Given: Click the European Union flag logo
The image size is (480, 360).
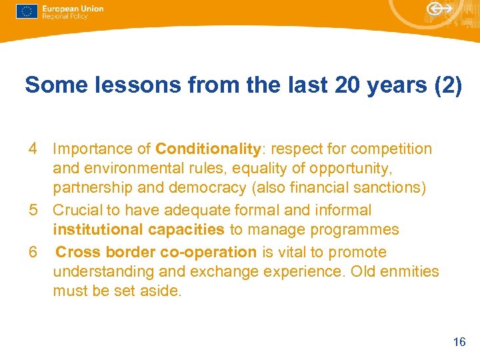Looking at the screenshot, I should [x=27, y=11].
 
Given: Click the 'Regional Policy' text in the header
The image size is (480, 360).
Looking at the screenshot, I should [x=65, y=16].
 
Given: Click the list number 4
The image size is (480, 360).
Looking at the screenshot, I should [x=33, y=149].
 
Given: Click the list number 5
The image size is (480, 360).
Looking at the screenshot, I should [x=33, y=210].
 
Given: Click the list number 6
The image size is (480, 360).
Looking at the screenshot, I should [x=33, y=252].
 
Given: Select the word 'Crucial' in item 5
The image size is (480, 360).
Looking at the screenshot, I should [x=77, y=210].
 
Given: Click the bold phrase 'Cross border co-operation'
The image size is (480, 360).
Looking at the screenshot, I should [x=156, y=252].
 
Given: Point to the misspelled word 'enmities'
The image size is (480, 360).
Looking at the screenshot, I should [x=409, y=272].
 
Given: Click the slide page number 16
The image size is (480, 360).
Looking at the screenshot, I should [x=459, y=342].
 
